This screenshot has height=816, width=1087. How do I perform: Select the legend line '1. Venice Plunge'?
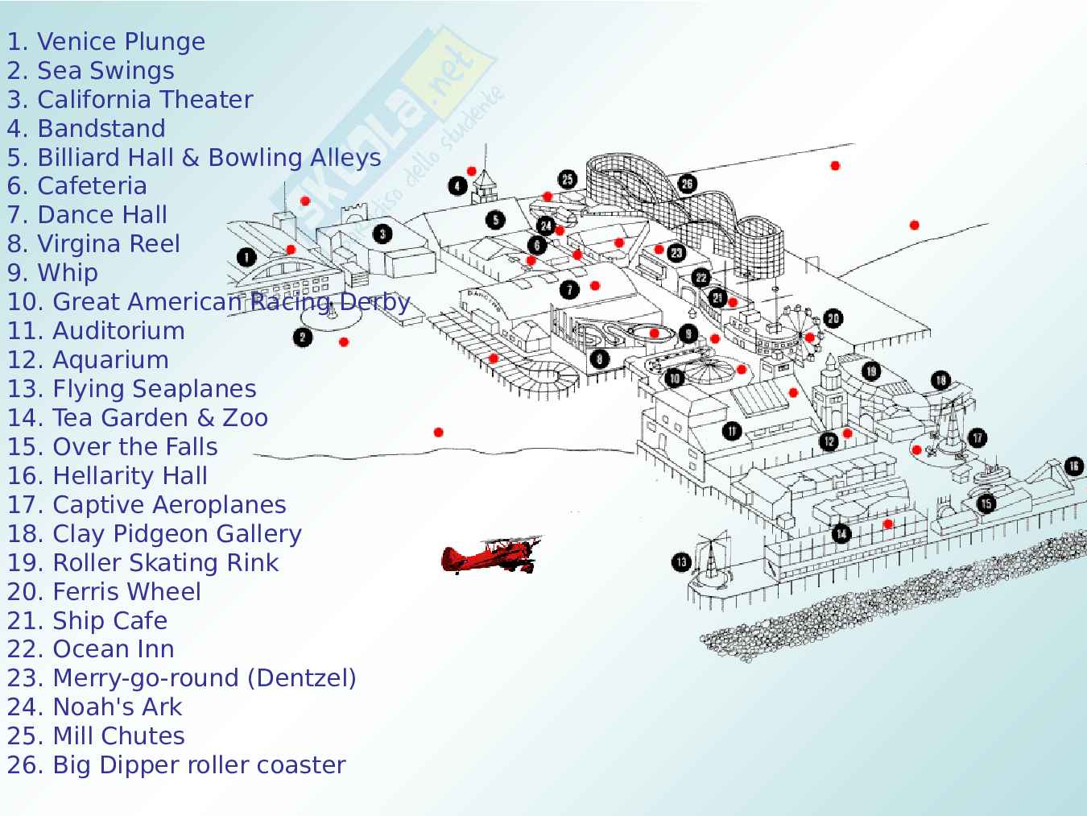pyautogui.click(x=105, y=41)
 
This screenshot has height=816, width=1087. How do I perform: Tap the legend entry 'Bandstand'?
pyautogui.click(x=86, y=128)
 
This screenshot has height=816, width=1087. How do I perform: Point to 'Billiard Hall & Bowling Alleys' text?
pyautogui.click(x=194, y=157)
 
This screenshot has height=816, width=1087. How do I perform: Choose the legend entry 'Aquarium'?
pyautogui.click(x=88, y=359)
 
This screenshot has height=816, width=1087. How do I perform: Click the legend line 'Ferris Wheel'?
pyautogui.click(x=104, y=591)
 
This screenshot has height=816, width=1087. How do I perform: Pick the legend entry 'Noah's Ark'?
pyautogui.click(x=94, y=706)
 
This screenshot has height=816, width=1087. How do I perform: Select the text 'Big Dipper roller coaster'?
pyautogui.click(x=176, y=764)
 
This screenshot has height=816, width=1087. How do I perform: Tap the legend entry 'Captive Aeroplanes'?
pyautogui.click(x=147, y=504)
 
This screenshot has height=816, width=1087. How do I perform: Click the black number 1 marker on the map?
pyautogui.click(x=246, y=258)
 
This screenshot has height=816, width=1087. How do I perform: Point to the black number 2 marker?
pyautogui.click(x=303, y=337)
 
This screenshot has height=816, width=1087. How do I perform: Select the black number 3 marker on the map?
pyautogui.click(x=382, y=234)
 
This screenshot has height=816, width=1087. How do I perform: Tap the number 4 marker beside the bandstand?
pyautogui.click(x=457, y=187)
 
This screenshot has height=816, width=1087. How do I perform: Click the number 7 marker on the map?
pyautogui.click(x=569, y=289)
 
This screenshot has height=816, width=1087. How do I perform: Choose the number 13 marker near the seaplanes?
pyautogui.click(x=681, y=561)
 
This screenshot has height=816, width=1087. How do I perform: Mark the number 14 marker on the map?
pyautogui.click(x=841, y=532)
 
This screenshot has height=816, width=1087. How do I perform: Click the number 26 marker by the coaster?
pyautogui.click(x=687, y=184)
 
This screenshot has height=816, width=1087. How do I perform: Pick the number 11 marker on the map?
pyautogui.click(x=731, y=431)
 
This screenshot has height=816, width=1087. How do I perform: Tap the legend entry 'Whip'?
pyautogui.click(x=52, y=272)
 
